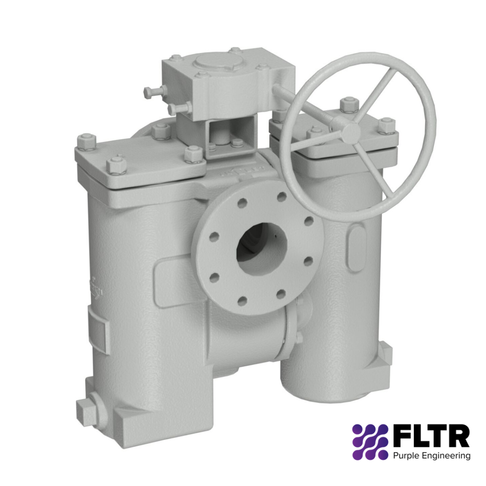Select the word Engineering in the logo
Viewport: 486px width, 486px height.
click(447, 456)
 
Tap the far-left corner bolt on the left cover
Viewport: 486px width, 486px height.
click(86, 141)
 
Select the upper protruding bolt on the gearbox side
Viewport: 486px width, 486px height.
click(154, 92)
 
